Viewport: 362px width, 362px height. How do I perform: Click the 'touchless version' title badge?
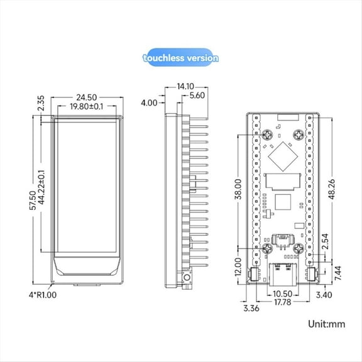point(180,58)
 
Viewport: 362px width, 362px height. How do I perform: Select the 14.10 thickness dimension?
point(185,87)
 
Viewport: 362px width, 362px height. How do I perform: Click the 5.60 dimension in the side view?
point(197,96)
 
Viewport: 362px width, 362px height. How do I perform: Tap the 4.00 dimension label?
point(150,102)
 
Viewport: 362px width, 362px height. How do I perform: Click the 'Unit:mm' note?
point(327,325)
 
